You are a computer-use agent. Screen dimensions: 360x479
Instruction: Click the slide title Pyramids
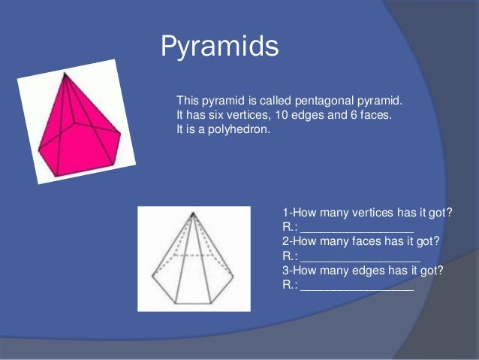[x=219, y=47]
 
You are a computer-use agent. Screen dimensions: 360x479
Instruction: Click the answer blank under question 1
[x=357, y=228]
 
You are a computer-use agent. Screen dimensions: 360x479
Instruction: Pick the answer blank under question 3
[x=357, y=285]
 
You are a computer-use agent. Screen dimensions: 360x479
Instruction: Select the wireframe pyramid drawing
[x=193, y=259]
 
